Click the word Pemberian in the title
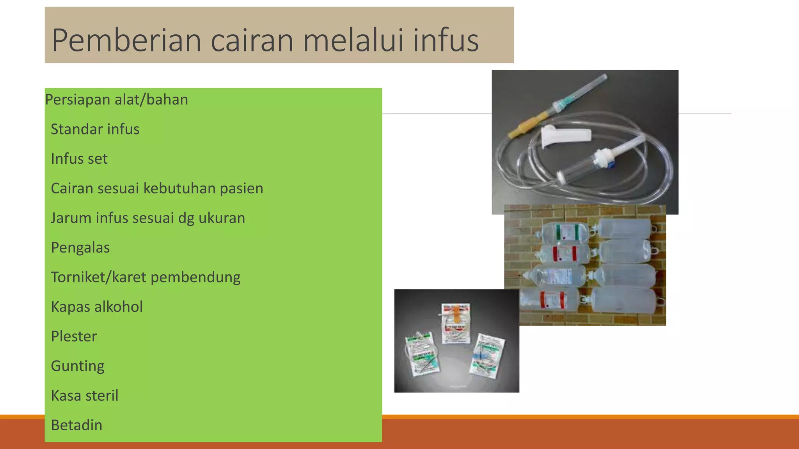pyautogui.click(x=126, y=40)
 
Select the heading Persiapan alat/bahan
pyautogui.click(x=116, y=100)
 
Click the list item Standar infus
pyautogui.click(x=95, y=129)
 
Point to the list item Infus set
pyautogui.click(x=79, y=159)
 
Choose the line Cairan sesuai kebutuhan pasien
pyautogui.click(x=157, y=189)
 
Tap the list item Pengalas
pyautogui.click(x=80, y=248)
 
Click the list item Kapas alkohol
pyautogui.click(x=96, y=307)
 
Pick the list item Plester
pyautogui.click(x=74, y=336)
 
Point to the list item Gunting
pyautogui.click(x=77, y=366)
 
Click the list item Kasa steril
pyautogui.click(x=84, y=396)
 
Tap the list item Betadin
pyautogui.click(x=76, y=425)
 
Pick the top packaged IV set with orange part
pyautogui.click(x=456, y=323)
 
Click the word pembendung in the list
pyautogui.click(x=195, y=277)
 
